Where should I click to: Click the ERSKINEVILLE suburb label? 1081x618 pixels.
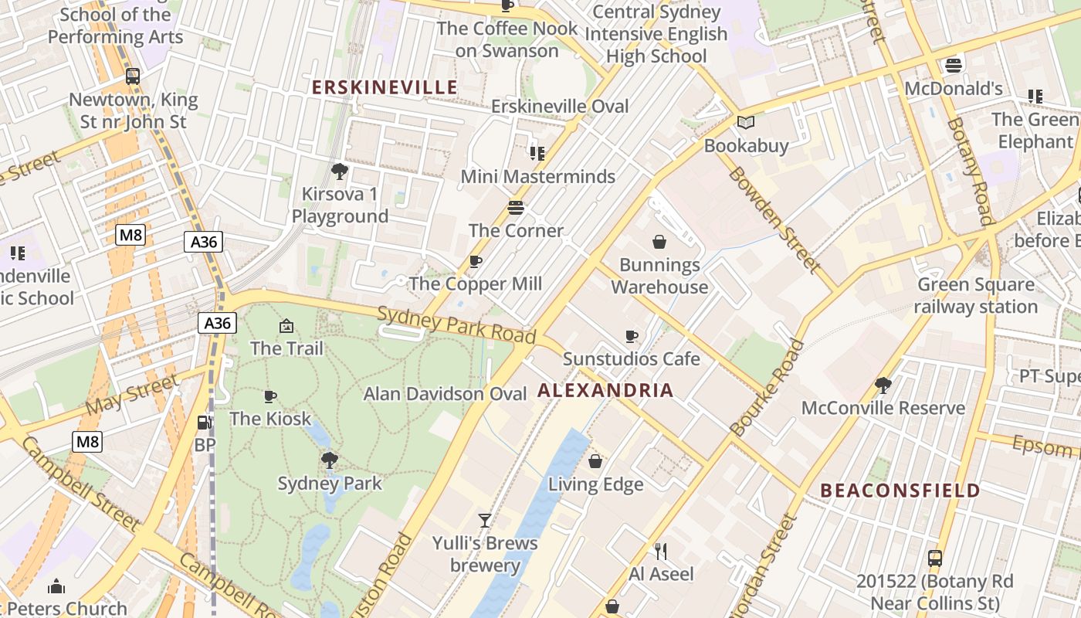pos(385,87)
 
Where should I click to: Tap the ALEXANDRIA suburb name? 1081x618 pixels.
pos(605,390)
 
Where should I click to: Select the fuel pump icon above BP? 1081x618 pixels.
pos(205,423)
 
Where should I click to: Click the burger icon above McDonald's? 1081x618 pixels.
pos(953,65)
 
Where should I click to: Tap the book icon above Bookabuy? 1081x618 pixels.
pos(745,122)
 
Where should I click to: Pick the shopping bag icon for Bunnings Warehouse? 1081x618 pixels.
pos(659,242)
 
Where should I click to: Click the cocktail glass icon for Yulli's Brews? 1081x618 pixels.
pos(484,520)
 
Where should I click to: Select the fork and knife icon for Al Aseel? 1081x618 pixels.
pos(661,551)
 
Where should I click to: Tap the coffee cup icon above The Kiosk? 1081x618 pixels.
pos(269,396)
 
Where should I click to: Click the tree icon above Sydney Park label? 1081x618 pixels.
pos(330,460)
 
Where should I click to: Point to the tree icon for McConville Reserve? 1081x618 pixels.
pos(883,385)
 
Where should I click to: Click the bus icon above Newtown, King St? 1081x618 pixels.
pos(133,76)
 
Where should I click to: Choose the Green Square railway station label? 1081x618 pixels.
pos(976,296)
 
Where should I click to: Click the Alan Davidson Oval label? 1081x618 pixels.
pos(445,393)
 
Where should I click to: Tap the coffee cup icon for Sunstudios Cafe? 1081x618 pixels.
pos(631,336)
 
